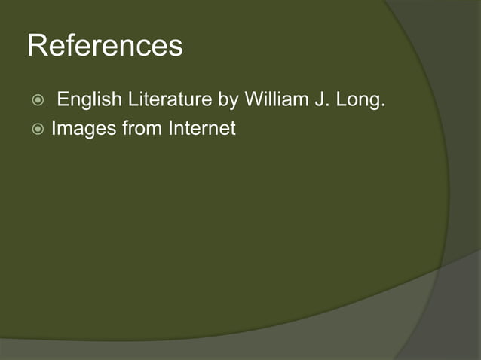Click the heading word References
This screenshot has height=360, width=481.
[105, 47]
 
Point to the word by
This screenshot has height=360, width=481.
[227, 99]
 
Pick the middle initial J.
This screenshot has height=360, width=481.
[315, 99]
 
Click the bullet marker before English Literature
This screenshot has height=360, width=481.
[38, 100]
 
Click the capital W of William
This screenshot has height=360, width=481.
[252, 99]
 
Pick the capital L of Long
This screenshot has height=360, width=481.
[341, 99]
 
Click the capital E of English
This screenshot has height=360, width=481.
[62, 99]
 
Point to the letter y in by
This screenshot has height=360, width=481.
[232, 101]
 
